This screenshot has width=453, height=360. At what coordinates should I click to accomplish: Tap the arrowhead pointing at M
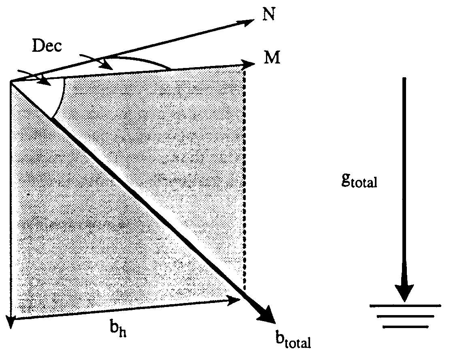(x=248, y=64)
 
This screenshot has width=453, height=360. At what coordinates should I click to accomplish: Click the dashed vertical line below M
(x=244, y=178)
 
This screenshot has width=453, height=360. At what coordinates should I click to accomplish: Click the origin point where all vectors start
(x=11, y=82)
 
